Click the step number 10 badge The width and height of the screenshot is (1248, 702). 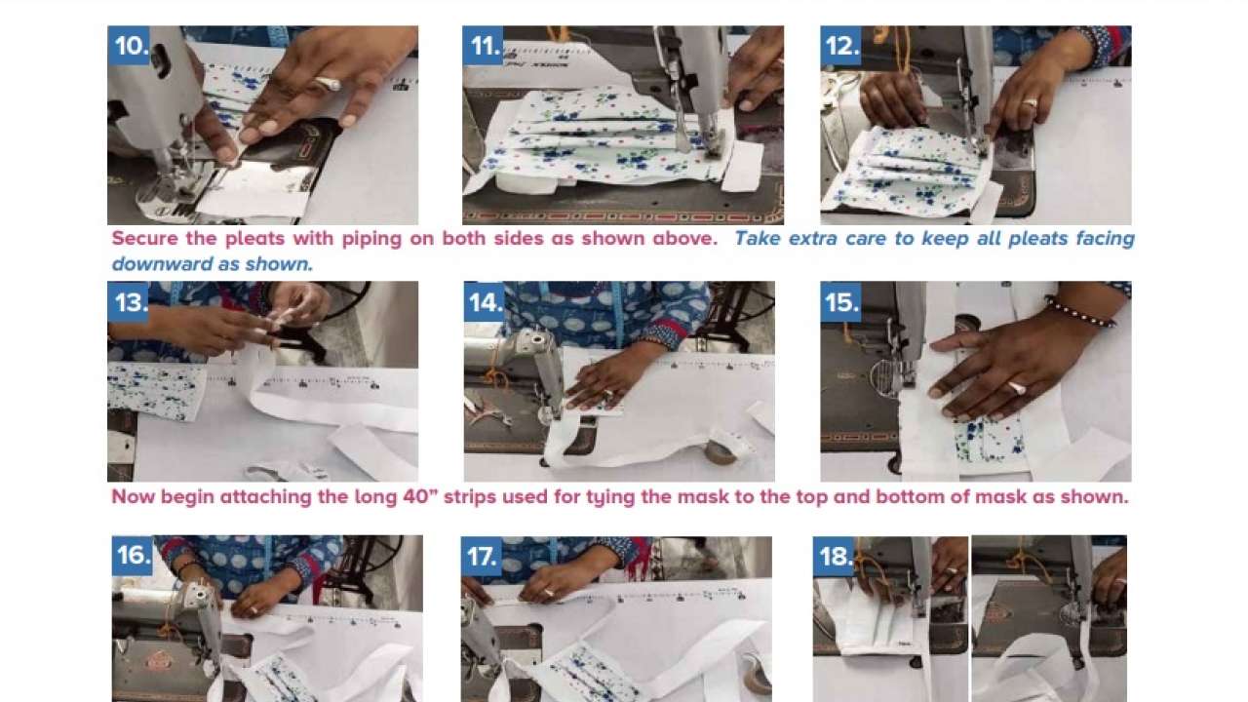[x=131, y=46]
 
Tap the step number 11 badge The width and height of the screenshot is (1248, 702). [x=485, y=46]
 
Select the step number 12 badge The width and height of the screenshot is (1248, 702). [x=841, y=46]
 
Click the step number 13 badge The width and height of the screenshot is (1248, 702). [x=130, y=302]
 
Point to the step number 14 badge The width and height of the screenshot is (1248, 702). [x=485, y=302]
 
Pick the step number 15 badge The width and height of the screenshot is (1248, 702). [x=841, y=302]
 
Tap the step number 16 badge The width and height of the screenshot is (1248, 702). [x=134, y=555]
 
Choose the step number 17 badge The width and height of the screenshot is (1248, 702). [x=483, y=556]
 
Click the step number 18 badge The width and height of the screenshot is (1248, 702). [x=836, y=556]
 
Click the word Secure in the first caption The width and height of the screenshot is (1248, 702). [x=144, y=239]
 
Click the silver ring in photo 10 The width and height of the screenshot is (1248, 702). [x=328, y=84]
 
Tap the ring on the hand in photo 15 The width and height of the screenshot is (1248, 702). [x=1016, y=388]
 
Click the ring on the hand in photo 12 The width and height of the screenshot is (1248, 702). [x=1030, y=102]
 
